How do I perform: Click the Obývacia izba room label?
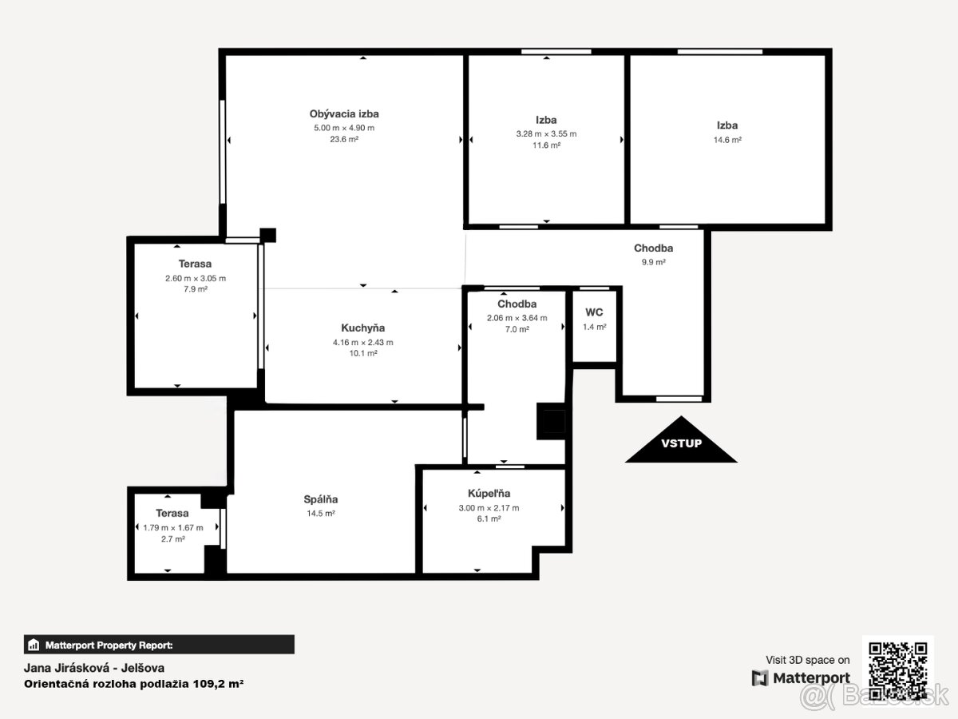344,114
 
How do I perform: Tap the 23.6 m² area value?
344,139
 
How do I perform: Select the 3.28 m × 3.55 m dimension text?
546,134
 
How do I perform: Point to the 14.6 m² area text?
727,140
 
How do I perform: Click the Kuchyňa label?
362,328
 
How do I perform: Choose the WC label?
594,312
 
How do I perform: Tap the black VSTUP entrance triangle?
681,440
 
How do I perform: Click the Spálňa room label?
320,499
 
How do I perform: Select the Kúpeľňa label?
489,493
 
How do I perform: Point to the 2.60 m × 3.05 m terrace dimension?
195,279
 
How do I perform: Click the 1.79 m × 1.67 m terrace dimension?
172,528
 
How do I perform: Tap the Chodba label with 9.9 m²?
653,248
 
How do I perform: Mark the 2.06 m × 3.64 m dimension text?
517,318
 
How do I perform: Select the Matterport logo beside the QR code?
801,678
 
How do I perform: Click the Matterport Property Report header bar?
159,645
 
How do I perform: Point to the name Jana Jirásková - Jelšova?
94,668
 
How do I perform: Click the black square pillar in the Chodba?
551,421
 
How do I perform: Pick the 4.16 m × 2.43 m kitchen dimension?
362,343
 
